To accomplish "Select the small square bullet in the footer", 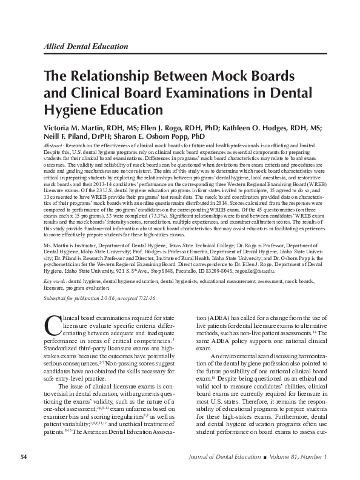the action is point(272,456).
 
